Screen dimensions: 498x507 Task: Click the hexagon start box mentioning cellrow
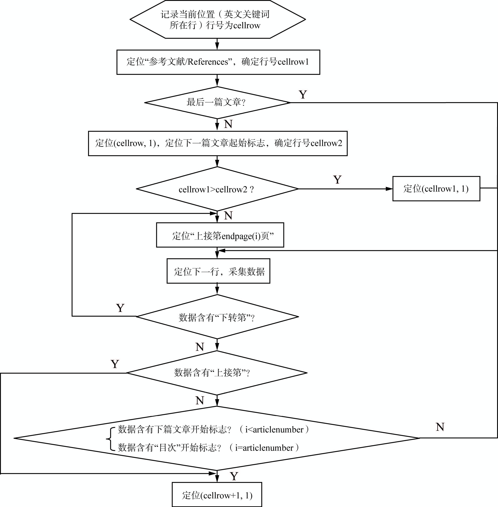tap(218, 19)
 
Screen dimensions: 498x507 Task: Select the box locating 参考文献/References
tap(218, 62)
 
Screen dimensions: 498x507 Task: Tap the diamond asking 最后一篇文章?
tap(217, 102)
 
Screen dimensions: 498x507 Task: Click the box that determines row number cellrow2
tap(218, 143)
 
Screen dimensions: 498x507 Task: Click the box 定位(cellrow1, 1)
tap(436, 189)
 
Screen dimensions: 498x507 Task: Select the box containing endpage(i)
tap(220, 235)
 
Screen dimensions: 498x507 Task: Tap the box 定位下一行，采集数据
tap(218, 271)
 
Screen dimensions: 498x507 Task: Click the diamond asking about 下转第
tap(217, 317)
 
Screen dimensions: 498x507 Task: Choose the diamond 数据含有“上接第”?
tap(217, 373)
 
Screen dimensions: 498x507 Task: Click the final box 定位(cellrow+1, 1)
tap(217, 494)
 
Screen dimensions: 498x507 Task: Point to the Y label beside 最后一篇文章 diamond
tap(303, 94)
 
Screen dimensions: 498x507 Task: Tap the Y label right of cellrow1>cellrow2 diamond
tap(337, 180)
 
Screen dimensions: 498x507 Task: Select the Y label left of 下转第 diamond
tap(120, 308)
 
